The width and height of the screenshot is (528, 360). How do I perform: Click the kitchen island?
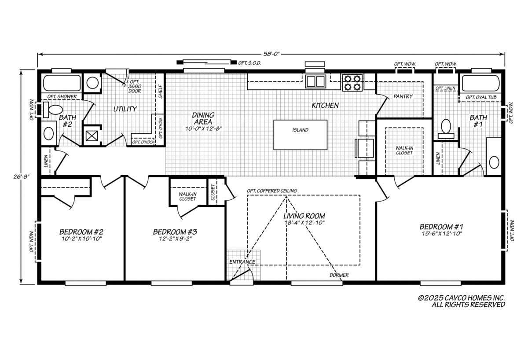coord(300,135)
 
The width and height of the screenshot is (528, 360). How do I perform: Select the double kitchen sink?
coord(315,81)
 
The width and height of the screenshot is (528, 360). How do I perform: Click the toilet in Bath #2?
coord(53,110)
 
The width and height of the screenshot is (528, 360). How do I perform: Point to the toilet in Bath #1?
coord(446,129)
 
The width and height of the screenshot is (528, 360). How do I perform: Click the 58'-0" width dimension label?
coord(271,54)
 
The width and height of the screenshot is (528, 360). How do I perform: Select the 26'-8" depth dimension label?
coord(21,176)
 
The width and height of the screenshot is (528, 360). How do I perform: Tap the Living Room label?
coord(304,216)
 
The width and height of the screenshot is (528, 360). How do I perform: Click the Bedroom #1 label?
coord(441,227)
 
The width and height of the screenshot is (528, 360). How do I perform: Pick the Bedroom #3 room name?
coord(175,232)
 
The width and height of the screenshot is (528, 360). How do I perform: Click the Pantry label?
coord(403,96)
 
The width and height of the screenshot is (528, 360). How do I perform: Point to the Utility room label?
coord(125,109)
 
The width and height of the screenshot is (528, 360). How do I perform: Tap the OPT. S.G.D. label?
coord(249,63)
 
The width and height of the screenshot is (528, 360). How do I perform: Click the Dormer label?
coord(339,275)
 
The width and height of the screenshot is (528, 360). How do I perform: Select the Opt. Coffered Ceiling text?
coord(272,191)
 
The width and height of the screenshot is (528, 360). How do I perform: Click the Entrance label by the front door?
coord(242,262)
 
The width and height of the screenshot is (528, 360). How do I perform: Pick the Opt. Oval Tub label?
coord(481,97)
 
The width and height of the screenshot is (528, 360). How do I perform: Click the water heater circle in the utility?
coord(92,83)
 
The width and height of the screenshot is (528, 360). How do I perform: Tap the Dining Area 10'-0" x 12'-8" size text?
coord(203,129)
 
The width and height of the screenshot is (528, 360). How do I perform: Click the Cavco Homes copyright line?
coord(461,298)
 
